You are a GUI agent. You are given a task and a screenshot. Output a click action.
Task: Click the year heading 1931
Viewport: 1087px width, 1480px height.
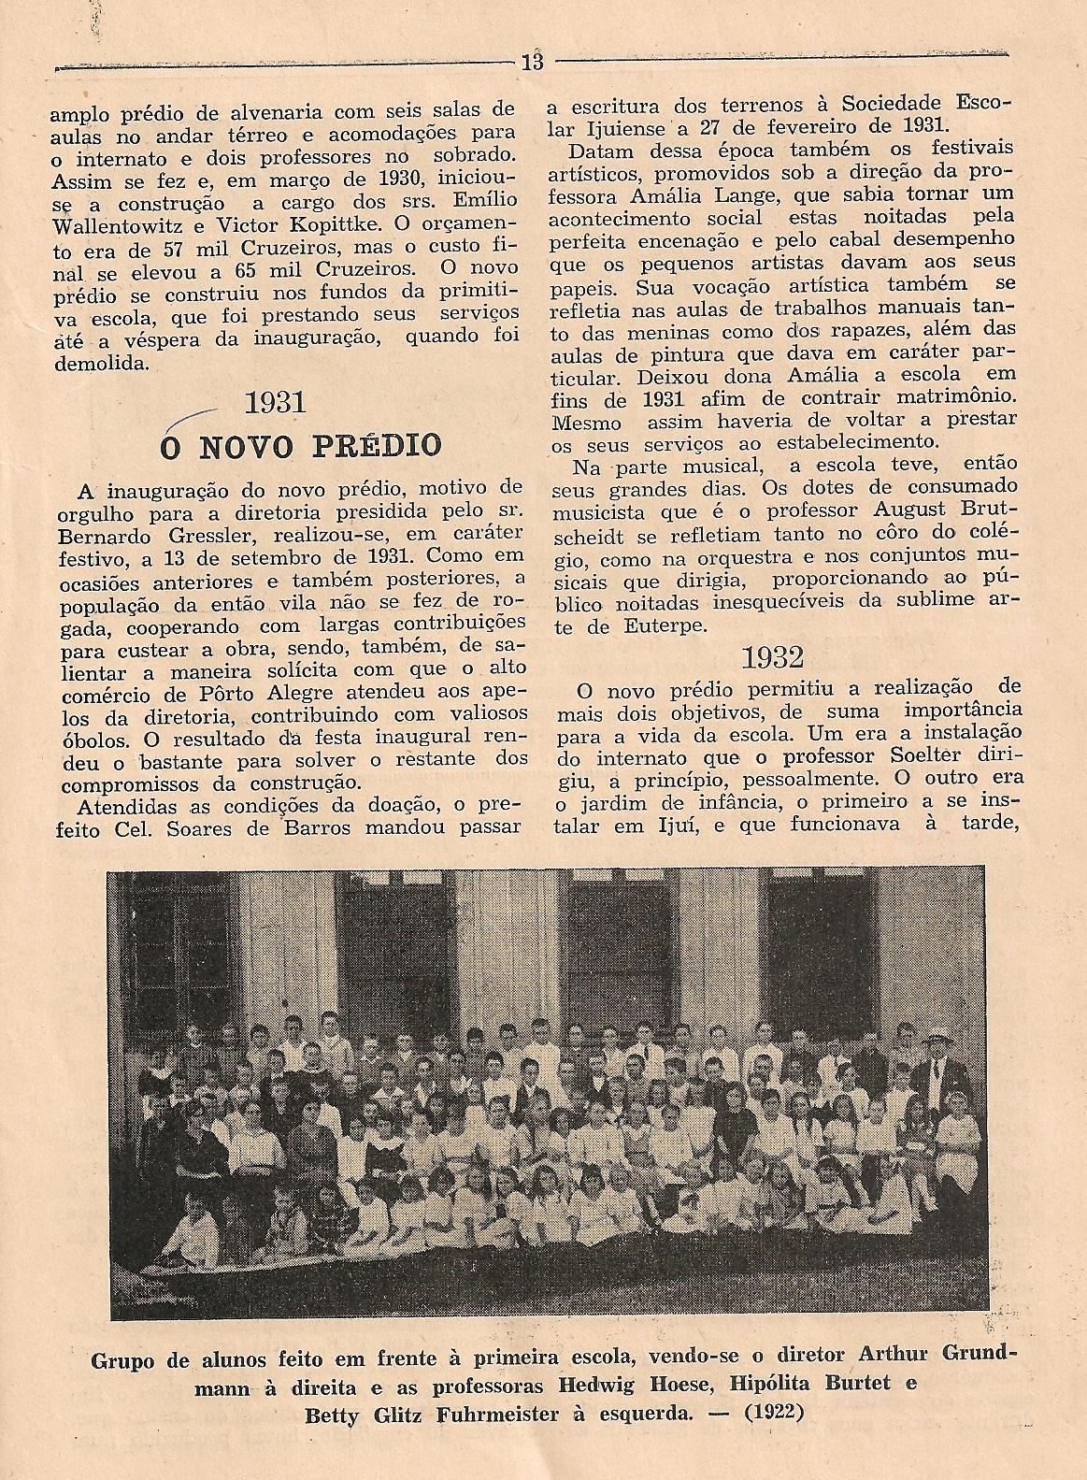point(276,403)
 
